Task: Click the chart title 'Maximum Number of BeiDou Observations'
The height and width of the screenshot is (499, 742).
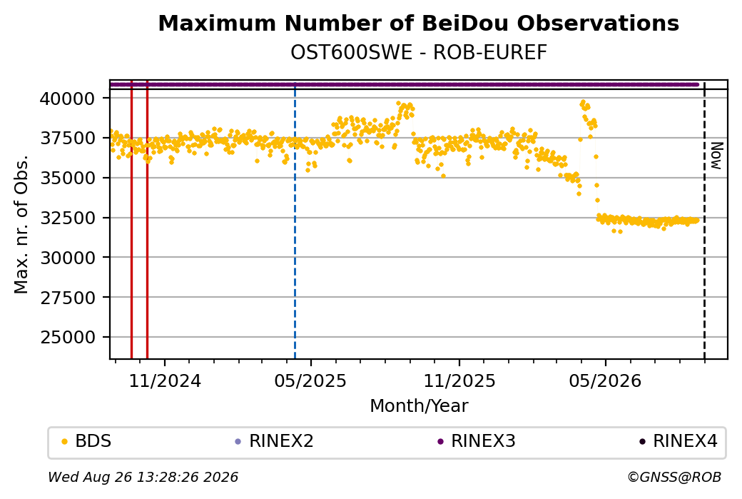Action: [418, 23]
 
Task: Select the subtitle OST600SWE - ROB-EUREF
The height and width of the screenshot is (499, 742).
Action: [418, 52]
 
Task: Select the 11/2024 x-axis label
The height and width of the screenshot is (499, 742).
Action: [165, 381]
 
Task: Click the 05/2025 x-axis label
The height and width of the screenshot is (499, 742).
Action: [310, 381]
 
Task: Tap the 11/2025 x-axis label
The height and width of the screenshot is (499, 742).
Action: [459, 381]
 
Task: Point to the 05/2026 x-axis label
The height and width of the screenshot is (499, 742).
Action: [605, 381]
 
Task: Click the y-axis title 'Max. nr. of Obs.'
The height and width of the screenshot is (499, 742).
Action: [21, 224]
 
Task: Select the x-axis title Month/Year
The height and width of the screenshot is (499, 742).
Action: [419, 406]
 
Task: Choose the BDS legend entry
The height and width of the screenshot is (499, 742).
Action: [86, 441]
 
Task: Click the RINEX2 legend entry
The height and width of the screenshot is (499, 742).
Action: [275, 441]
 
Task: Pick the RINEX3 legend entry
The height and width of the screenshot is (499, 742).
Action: [477, 441]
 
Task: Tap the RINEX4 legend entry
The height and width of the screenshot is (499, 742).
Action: [679, 441]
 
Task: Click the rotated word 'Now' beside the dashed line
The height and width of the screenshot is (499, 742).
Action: [716, 156]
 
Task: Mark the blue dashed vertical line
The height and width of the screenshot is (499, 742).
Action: [295, 220]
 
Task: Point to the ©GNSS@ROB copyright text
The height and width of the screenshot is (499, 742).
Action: [674, 477]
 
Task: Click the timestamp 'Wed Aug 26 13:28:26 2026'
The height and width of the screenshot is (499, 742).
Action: [143, 477]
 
